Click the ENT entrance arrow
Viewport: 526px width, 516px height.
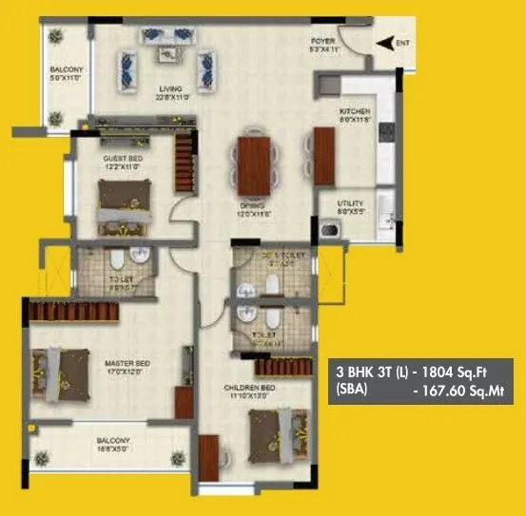point(382,42)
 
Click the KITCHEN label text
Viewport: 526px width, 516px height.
point(354,112)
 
